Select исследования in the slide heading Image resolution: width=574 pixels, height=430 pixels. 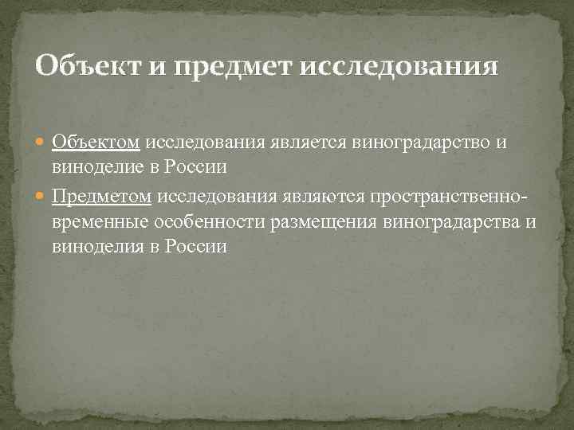(x=399, y=64)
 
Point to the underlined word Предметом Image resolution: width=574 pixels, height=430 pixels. (x=102, y=195)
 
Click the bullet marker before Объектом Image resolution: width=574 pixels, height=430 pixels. (x=42, y=143)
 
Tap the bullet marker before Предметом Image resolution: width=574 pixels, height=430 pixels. (x=42, y=196)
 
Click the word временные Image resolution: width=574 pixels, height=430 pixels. (x=101, y=221)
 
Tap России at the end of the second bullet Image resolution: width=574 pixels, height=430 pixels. (x=199, y=248)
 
